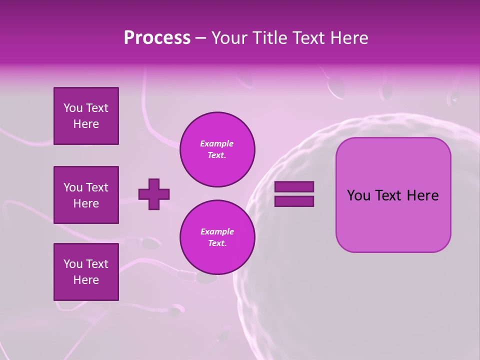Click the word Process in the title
157,38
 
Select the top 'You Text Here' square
86,116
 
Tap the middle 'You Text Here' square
86,195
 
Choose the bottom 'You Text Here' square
86,272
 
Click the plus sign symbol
153,194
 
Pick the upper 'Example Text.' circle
217,149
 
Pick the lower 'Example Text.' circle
217,237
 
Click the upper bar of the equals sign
294,187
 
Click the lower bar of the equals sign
294,201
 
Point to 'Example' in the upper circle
216,143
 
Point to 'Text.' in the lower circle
216,243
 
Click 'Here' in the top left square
86,124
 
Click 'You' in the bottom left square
72,264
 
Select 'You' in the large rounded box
358,195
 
